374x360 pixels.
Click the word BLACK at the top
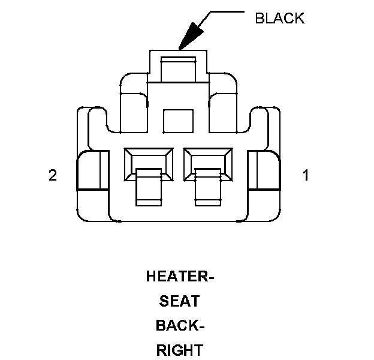tap(279, 18)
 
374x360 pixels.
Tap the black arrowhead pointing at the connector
tap(191, 35)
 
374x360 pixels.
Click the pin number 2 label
tap(53, 176)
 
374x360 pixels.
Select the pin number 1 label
tap(306, 176)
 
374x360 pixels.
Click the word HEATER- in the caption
tap(180, 277)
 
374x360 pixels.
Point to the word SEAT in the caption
tap(180, 301)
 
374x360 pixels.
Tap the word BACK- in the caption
tap(180, 326)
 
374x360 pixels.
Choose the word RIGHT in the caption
tap(180, 350)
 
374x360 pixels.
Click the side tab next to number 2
tap(93, 170)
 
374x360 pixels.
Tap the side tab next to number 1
tap(263, 170)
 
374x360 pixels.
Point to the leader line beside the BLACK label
tap(225, 11)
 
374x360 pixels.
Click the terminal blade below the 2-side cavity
tap(149, 189)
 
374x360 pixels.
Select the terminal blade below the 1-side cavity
tap(209, 189)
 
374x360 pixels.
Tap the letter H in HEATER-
tap(151, 277)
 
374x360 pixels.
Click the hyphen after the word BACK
tap(201, 326)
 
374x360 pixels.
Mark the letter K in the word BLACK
tap(299, 18)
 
